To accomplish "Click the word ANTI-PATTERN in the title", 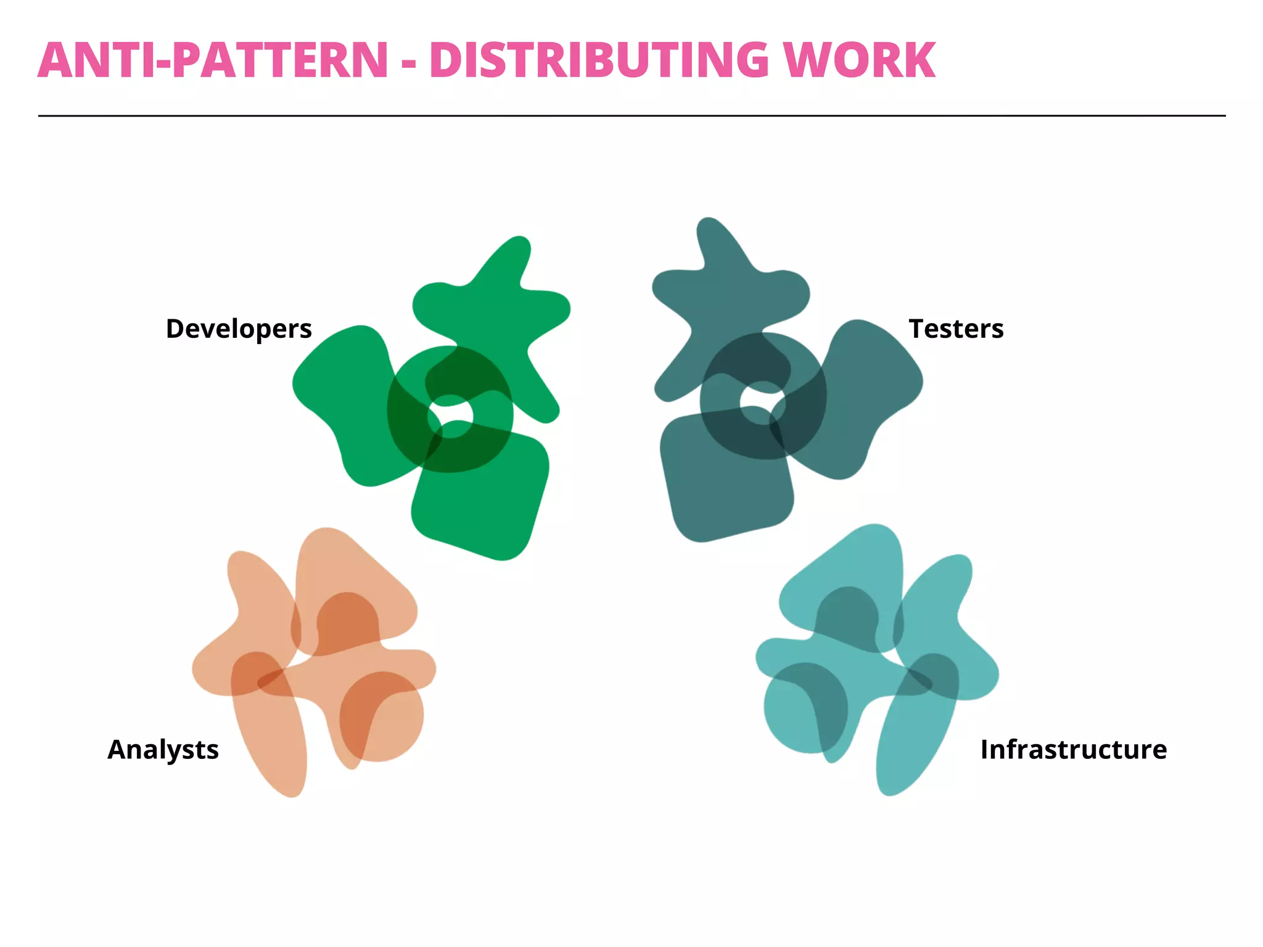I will (213, 60).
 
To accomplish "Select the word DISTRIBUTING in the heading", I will (599, 60).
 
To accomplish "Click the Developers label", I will (239, 329).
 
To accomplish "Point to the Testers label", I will (956, 329).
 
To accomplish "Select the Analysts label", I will (163, 750).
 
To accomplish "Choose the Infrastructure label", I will (1073, 750).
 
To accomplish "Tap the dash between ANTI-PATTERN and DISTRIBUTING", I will (408, 63).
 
